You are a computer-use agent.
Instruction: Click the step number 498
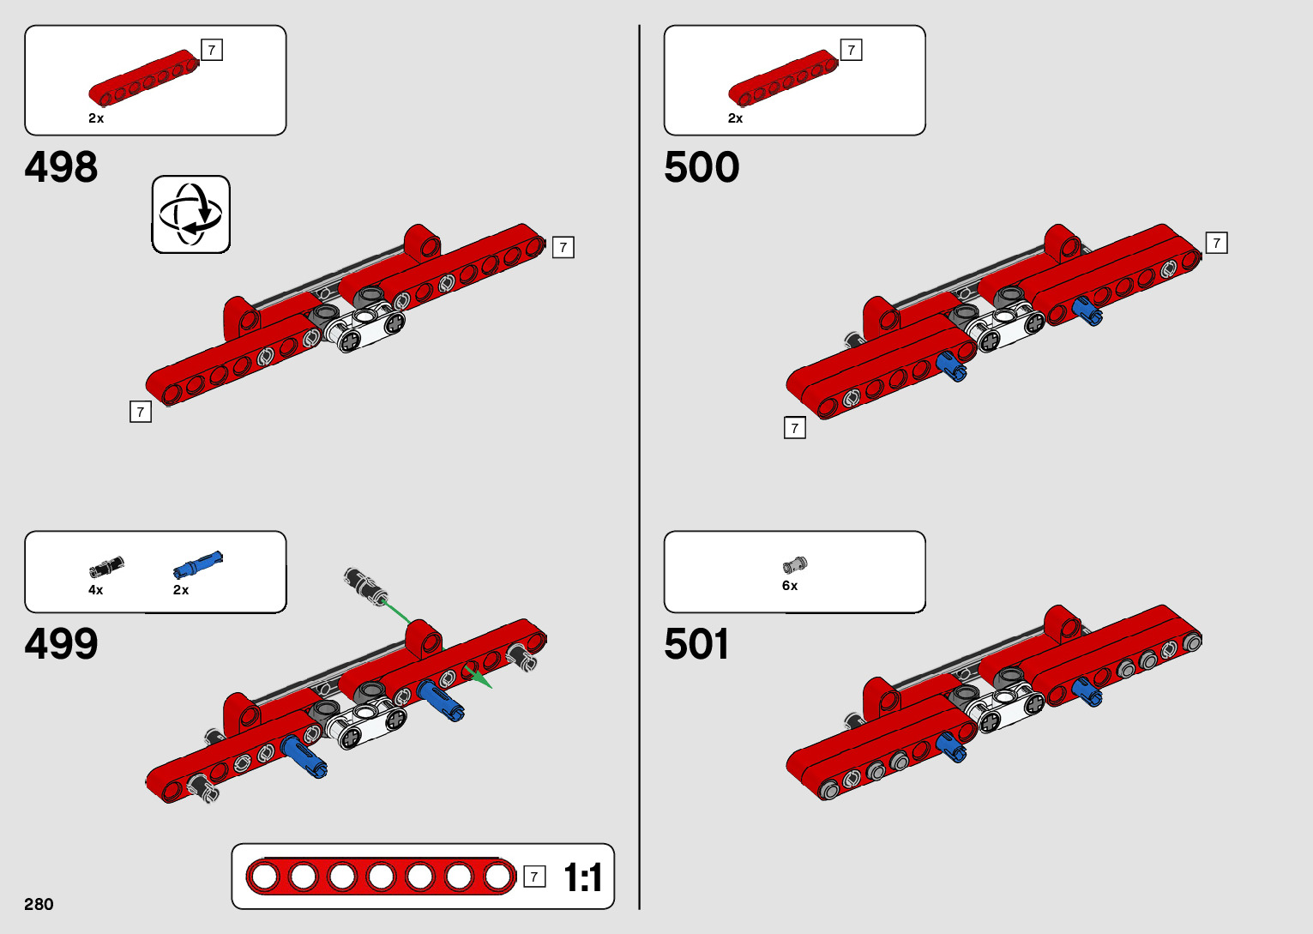[x=61, y=167]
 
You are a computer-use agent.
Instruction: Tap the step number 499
[x=61, y=644]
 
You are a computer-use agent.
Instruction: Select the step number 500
[x=701, y=167]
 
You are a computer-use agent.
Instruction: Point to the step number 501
[x=696, y=644]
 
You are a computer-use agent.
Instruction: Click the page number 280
[x=39, y=904]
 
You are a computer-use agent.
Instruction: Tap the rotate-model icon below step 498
[x=190, y=214]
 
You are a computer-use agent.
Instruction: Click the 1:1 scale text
[x=582, y=877]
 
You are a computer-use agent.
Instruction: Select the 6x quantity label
[x=790, y=586]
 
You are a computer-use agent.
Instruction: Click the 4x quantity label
[x=95, y=590]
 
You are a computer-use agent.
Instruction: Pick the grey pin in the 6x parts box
[x=795, y=564]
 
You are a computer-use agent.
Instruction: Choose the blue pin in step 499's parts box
[x=198, y=564]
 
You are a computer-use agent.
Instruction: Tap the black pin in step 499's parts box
[x=106, y=567]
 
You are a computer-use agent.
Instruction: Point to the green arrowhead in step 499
[x=481, y=679]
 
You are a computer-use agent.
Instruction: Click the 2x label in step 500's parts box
[x=735, y=118]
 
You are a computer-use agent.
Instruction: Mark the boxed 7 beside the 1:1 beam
[x=534, y=877]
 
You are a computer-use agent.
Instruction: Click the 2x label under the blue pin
[x=181, y=590]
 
